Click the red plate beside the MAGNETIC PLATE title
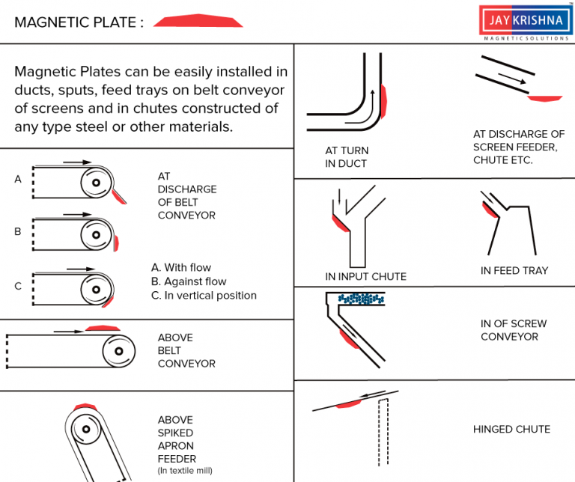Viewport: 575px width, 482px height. (x=198, y=22)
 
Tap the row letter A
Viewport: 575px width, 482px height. (x=17, y=179)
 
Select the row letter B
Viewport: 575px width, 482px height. (x=17, y=232)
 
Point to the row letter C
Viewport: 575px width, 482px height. (x=17, y=286)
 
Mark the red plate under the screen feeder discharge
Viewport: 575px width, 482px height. (x=544, y=97)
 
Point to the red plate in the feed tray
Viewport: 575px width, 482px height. (x=490, y=210)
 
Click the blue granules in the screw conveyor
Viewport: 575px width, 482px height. (x=360, y=299)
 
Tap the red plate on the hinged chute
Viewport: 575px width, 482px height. (x=350, y=404)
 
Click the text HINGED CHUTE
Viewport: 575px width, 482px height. (x=511, y=430)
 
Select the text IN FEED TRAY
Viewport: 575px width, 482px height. (x=514, y=270)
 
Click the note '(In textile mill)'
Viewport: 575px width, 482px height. (x=184, y=470)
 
